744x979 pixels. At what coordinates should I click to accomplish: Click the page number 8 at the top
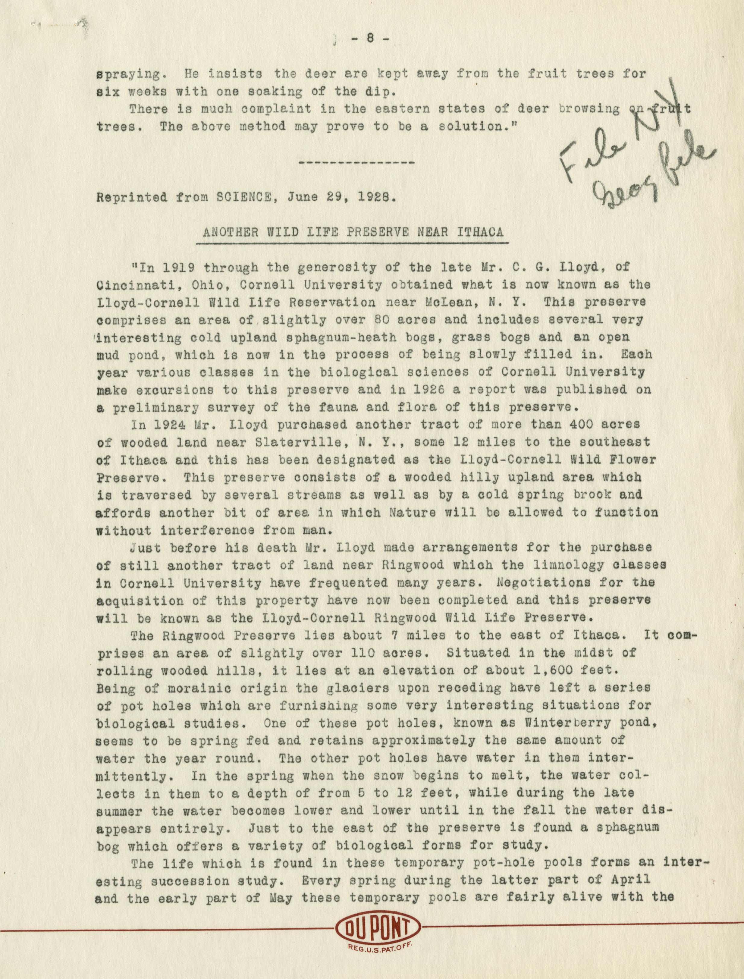(x=371, y=39)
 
